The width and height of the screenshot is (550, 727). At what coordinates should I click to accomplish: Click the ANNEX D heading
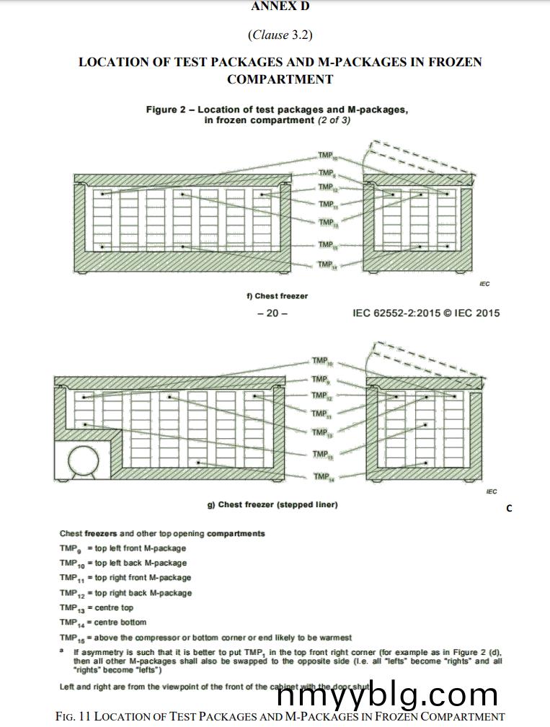[x=280, y=6]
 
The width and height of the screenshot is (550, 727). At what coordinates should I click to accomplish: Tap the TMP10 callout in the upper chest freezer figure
[x=327, y=156]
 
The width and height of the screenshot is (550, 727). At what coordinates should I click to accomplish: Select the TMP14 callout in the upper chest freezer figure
[x=326, y=265]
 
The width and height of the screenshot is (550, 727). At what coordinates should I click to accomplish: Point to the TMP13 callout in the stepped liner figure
[x=321, y=432]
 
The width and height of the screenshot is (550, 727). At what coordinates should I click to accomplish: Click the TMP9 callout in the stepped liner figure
[x=320, y=379]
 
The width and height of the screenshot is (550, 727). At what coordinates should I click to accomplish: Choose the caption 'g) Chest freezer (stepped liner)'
[x=272, y=504]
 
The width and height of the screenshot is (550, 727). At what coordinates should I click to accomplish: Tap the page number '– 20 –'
[x=272, y=313]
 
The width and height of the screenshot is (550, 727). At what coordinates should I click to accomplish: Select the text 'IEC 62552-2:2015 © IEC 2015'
[x=426, y=313]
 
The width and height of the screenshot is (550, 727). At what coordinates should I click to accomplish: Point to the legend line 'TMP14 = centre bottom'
[x=103, y=622]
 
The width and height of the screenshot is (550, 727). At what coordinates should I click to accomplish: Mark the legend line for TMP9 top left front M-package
[x=123, y=548]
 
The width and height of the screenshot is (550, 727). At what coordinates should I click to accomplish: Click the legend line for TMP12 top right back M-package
[x=126, y=593]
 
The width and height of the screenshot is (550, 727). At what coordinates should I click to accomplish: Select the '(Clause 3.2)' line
[x=280, y=35]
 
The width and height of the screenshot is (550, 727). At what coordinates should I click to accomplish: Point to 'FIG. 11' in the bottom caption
[x=73, y=716]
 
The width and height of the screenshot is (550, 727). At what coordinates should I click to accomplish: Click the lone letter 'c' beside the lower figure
[x=509, y=508]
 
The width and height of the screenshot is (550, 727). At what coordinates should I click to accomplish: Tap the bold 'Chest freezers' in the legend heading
[x=89, y=533]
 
